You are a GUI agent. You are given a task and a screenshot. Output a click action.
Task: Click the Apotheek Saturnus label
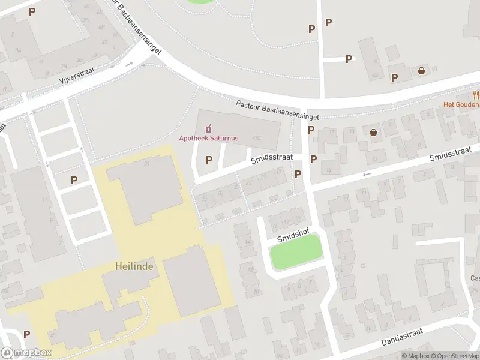(x=208, y=138)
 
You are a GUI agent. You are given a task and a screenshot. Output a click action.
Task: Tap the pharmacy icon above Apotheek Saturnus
(x=208, y=128)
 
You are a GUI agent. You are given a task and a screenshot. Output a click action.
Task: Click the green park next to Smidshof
(x=296, y=252)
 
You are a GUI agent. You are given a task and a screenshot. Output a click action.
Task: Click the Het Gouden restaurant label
(x=461, y=104)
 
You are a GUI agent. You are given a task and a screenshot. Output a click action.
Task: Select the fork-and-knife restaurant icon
(x=476, y=94)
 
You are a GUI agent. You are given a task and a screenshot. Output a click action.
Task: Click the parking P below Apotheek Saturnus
(x=209, y=160)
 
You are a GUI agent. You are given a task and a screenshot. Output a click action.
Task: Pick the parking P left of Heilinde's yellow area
(x=74, y=179)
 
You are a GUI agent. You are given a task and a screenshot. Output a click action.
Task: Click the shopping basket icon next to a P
(x=421, y=71)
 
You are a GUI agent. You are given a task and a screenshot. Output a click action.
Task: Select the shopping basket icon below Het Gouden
(x=374, y=133)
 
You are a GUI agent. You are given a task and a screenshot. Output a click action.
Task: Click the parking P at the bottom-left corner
(x=26, y=334)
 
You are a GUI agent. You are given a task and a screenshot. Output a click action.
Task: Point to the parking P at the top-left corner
(x=32, y=11)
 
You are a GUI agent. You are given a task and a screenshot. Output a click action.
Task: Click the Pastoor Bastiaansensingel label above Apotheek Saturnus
(x=277, y=109)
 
